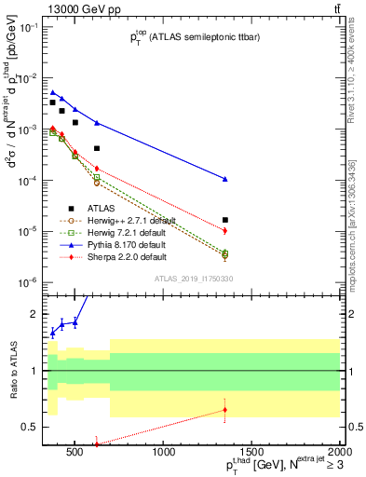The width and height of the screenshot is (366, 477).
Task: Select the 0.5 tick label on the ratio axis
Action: [x=29, y=427]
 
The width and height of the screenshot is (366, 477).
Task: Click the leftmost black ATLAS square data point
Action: [x=53, y=102]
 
